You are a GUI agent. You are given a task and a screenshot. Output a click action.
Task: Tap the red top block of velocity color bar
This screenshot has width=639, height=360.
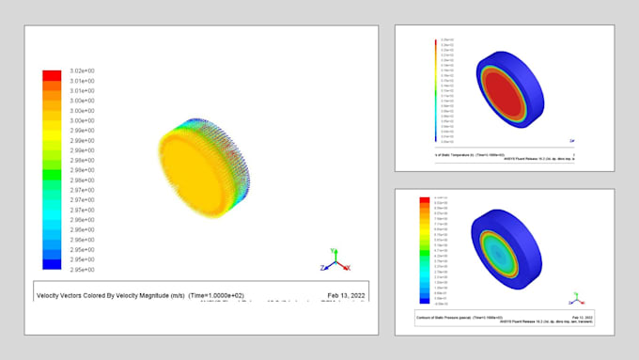click(53, 74)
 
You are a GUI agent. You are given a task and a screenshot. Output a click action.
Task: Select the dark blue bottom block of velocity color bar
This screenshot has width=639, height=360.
click(53, 266)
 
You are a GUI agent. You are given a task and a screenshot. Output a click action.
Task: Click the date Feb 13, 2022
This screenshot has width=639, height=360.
click(345, 294)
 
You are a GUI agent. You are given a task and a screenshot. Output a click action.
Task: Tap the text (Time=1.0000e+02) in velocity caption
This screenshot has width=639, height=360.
click(251, 294)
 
